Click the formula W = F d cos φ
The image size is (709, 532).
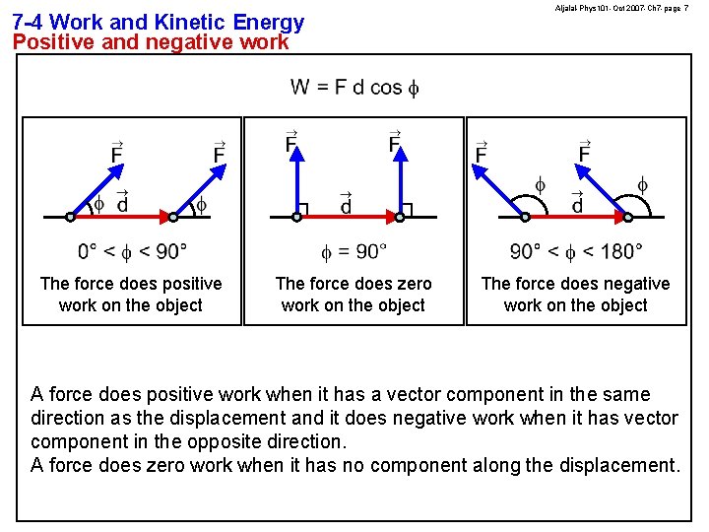click(x=354, y=87)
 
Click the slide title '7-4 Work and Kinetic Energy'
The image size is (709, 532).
click(x=158, y=22)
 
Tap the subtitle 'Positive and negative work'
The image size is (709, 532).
click(x=151, y=42)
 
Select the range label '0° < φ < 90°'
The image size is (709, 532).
click(x=132, y=252)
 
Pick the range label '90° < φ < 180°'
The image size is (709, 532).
click(x=576, y=252)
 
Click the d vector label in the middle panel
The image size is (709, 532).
click(x=346, y=203)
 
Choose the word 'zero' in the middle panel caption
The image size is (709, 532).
click(x=413, y=284)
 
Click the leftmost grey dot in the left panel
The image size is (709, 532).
click(x=70, y=217)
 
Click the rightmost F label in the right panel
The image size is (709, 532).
click(x=584, y=152)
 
